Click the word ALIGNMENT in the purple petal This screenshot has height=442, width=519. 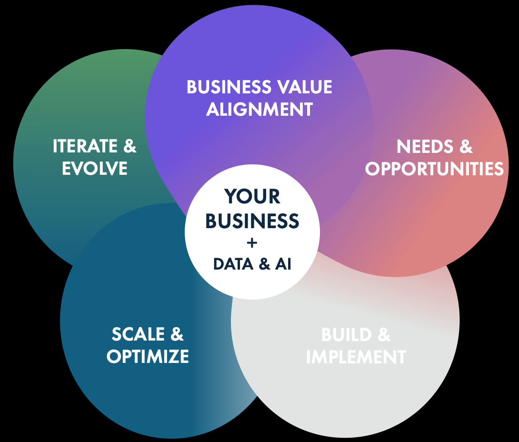pyautogui.click(x=259, y=109)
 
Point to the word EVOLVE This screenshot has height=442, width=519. pyautogui.click(x=95, y=168)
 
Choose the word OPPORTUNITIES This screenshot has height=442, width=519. pyautogui.click(x=434, y=169)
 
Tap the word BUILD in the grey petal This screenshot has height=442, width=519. pyautogui.click(x=346, y=335)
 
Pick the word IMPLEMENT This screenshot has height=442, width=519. pyautogui.click(x=356, y=357)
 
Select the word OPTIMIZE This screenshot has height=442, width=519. pyautogui.click(x=148, y=356)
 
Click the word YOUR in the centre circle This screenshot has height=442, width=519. pyautogui.click(x=252, y=197)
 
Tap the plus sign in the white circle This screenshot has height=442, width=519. pyautogui.click(x=252, y=243)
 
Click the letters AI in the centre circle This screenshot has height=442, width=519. pyautogui.click(x=283, y=264)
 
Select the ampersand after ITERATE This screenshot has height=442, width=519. pyautogui.click(x=130, y=146)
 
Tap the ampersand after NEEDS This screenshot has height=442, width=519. pyautogui.click(x=466, y=147)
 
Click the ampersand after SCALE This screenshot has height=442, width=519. pyautogui.click(x=177, y=334)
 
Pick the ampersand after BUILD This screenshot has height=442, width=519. pyautogui.click(x=384, y=335)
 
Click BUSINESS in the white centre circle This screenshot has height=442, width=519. pyautogui.click(x=252, y=221)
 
